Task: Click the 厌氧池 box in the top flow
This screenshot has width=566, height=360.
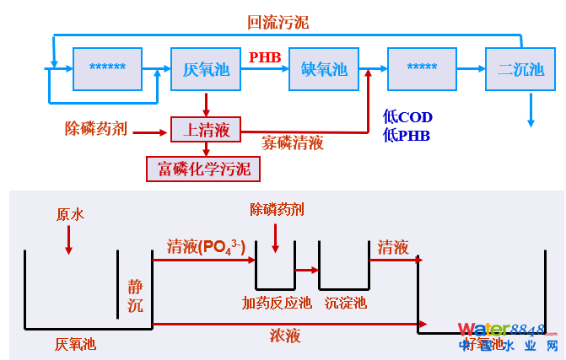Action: pyautogui.click(x=206, y=69)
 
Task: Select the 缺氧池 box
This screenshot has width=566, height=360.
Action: pyautogui.click(x=324, y=69)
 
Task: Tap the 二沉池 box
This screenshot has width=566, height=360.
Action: pyautogui.click(x=520, y=69)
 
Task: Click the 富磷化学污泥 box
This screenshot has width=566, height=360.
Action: pyautogui.click(x=203, y=169)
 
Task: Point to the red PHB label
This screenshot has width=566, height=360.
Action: pyautogui.click(x=265, y=56)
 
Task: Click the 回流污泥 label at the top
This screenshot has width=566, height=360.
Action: pyautogui.click(x=278, y=23)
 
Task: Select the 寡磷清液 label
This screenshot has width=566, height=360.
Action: pyautogui.click(x=292, y=142)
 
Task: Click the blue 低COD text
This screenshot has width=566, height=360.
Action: pyautogui.click(x=407, y=117)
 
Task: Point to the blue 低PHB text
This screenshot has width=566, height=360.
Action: pyautogui.click(x=407, y=135)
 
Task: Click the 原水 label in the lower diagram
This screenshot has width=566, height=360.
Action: pyautogui.click(x=70, y=215)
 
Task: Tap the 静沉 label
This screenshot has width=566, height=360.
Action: pyautogui.click(x=136, y=295)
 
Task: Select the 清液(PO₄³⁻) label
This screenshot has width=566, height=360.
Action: pyautogui.click(x=206, y=247)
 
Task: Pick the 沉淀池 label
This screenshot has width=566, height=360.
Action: pyautogui.click(x=346, y=303)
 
